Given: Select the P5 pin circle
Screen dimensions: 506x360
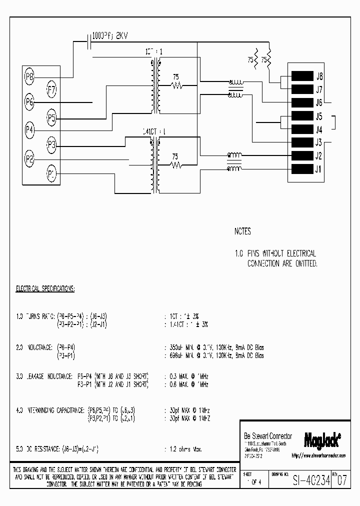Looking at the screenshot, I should [51, 118].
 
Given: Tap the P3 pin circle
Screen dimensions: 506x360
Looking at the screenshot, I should [51, 145].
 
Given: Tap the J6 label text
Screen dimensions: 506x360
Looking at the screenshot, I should [319, 103].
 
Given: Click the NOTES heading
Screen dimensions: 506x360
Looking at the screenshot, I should [242, 232].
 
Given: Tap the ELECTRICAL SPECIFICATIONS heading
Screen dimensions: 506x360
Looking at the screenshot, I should [45, 289].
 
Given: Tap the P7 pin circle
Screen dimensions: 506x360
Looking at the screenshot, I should [51, 90].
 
